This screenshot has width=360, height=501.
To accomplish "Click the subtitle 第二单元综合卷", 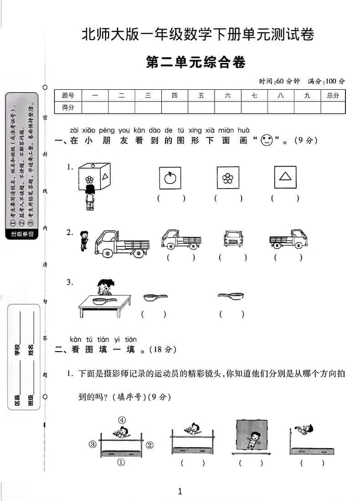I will point(196,62).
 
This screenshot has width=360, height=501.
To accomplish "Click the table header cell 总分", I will point(333,96).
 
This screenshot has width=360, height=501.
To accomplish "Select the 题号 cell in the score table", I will point(68,96).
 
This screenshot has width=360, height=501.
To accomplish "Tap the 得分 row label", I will point(68,107).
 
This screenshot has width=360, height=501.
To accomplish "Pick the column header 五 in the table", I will point(201,96).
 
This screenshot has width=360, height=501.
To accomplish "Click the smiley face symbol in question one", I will point(266,140).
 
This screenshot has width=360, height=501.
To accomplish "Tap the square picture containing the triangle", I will point(285,177).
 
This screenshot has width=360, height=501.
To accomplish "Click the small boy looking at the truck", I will point(83,240).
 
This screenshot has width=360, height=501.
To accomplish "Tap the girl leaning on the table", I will point(104,288).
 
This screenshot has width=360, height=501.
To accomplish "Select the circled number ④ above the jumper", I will point(122,420).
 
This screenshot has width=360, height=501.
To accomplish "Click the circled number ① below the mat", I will point(121,462).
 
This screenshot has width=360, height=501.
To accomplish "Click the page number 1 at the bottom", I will point(180,491).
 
